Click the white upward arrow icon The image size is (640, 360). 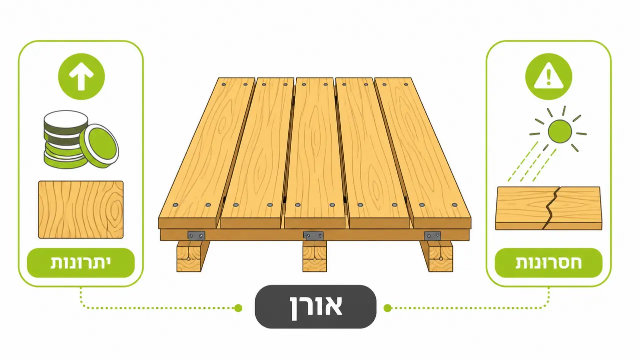82,76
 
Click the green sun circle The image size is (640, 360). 560,131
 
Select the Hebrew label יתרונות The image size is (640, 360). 81,262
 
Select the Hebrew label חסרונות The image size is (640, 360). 548,262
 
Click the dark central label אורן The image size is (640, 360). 315,306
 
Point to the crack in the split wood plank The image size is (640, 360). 551,208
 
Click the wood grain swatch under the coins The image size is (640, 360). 81,209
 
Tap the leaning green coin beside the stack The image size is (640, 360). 99,146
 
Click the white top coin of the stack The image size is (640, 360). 66,118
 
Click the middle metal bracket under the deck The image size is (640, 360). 313,236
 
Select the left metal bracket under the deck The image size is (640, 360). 196,236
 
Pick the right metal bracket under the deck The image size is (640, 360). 432,236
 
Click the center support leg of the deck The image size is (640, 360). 315,256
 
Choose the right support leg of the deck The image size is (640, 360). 437,256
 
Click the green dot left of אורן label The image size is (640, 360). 238,308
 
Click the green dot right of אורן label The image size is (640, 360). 387,308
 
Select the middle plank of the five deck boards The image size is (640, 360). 315,152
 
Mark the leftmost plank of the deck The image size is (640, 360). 206,152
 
